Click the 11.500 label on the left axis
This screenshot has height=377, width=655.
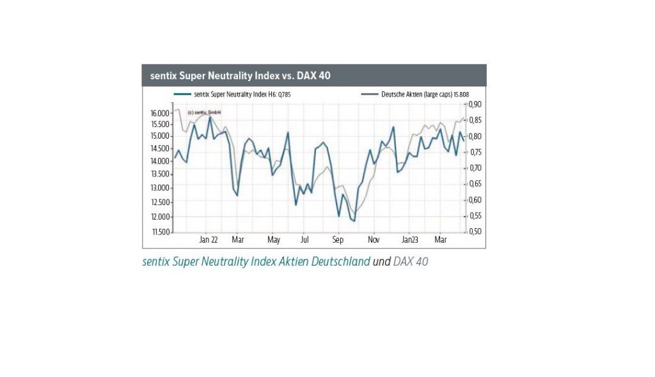(x=160, y=231)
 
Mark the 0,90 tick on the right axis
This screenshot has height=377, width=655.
(x=475, y=104)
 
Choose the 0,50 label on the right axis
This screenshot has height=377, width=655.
(x=475, y=231)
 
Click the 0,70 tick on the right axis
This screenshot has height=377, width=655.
(x=475, y=168)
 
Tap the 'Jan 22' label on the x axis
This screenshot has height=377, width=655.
(x=209, y=240)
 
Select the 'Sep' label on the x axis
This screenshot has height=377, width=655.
(x=338, y=240)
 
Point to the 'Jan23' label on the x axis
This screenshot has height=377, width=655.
(x=409, y=240)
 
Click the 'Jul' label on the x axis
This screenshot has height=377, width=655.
(x=304, y=240)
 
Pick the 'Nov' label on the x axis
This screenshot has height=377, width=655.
(x=374, y=240)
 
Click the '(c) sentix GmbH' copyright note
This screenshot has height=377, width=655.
(x=200, y=112)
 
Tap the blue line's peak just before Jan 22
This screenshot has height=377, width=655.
(x=209, y=117)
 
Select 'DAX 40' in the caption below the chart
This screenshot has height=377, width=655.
(x=411, y=261)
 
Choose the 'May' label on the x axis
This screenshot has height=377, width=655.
(x=274, y=240)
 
